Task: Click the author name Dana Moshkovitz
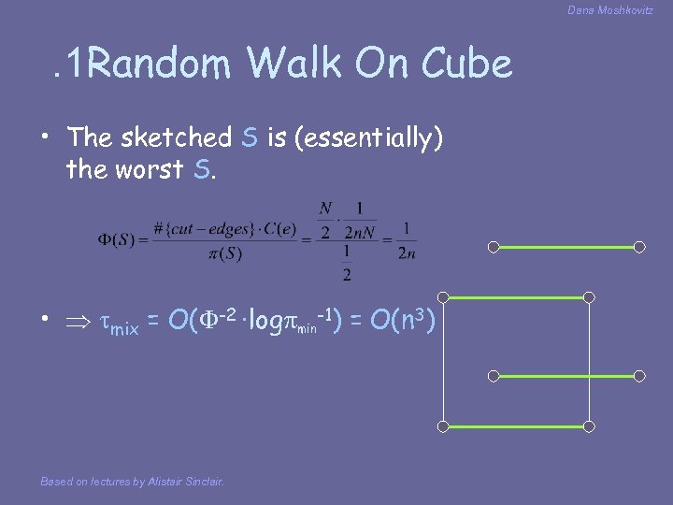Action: tap(609, 10)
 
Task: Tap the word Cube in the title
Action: tap(466, 65)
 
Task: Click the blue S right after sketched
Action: tap(249, 137)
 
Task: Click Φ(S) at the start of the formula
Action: tap(117, 239)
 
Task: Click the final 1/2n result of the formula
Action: tap(407, 239)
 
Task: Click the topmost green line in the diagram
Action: tap(566, 248)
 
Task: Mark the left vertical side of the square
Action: tap(444, 362)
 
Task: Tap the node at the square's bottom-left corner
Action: tap(444, 426)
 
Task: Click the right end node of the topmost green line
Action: tap(639, 248)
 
